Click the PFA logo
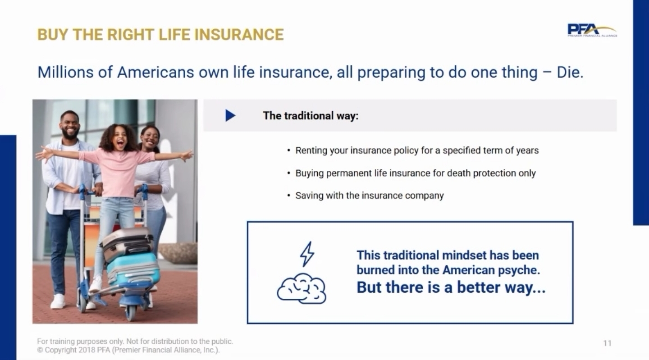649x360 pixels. coord(592,30)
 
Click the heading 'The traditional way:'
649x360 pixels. coord(311,115)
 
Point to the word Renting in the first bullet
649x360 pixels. coord(311,150)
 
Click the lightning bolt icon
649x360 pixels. coord(307,254)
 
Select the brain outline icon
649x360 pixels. coord(302,288)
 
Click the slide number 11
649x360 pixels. coord(607,343)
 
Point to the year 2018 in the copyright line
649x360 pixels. coord(87,350)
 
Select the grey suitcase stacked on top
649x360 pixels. coord(127,243)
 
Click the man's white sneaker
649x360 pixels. coord(58,301)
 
